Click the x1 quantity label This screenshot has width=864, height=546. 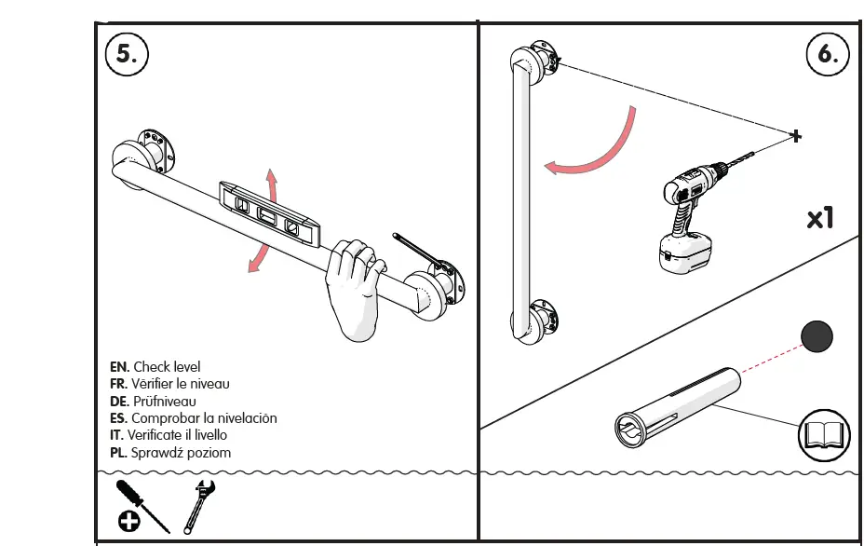[819, 218]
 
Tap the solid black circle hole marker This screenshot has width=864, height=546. [817, 336]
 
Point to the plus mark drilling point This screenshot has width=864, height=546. [795, 137]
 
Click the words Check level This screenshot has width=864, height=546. [166, 367]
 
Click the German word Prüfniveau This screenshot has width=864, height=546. [164, 402]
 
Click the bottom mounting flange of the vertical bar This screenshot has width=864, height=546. [541, 320]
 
